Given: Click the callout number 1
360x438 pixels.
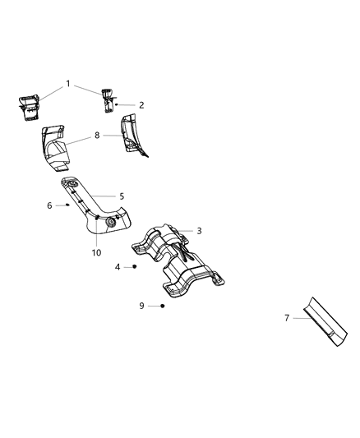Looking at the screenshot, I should [68, 83].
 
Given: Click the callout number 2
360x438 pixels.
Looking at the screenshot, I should [141, 105].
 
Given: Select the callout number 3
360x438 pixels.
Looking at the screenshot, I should [198, 231].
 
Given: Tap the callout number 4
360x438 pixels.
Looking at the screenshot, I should [118, 267].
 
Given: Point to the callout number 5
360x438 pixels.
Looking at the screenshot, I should [122, 196].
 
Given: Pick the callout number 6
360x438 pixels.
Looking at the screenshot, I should [49, 205].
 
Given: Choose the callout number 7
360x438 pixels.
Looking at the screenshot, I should [287, 317].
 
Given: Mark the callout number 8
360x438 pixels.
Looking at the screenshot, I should [97, 135].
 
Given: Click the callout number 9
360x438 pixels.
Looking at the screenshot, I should [141, 306].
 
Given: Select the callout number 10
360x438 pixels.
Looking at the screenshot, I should [96, 252].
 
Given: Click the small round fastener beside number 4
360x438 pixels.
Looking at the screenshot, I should [134, 267].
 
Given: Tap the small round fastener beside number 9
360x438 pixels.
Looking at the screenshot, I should [163, 306].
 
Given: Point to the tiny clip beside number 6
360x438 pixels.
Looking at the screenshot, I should [67, 205].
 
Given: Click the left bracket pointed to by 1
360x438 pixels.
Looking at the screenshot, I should [30, 106].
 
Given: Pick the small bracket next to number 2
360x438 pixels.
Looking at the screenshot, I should [108, 100].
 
